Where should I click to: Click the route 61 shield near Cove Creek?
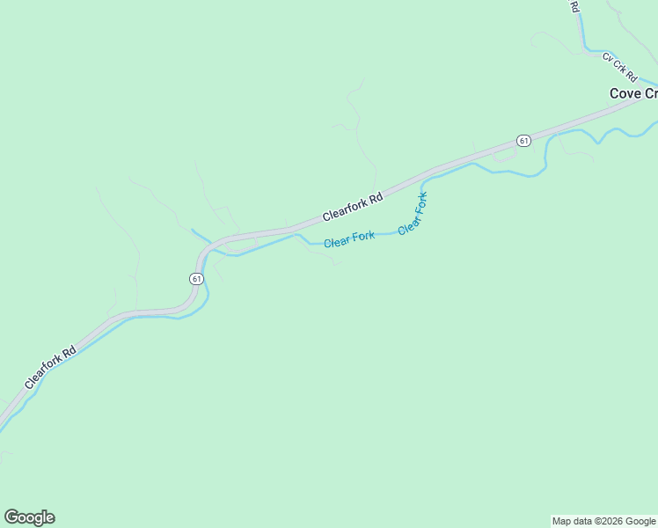coord(523,141)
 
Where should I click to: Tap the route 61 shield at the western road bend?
coord(195,278)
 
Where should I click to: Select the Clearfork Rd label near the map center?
coord(353,207)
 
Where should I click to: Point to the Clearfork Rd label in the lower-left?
coord(51,367)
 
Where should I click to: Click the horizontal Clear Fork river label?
coord(349,238)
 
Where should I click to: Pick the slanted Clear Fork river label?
coord(413,213)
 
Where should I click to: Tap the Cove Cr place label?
coord(633,93)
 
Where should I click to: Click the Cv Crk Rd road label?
coord(619,67)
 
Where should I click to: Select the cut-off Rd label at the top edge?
coord(574,6)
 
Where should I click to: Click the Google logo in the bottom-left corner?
coord(29,517)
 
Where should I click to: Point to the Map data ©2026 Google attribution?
coord(603,521)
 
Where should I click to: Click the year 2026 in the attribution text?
coord(609,521)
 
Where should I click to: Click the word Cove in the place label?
coord(625,93)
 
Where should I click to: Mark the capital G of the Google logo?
coord(11,517)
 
